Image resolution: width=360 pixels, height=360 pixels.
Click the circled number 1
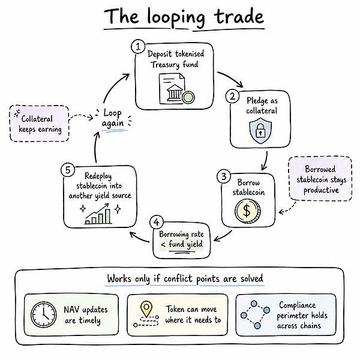138,47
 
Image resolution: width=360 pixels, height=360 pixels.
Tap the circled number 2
232,96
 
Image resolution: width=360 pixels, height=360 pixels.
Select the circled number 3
224,176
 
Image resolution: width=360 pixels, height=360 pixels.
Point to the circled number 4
157,222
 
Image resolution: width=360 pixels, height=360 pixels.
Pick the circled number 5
68,170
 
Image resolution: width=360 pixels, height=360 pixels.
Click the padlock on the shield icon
260,130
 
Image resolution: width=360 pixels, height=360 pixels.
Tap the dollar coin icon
247,211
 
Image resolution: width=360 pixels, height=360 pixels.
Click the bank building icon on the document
175,92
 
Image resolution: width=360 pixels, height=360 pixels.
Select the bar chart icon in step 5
98,214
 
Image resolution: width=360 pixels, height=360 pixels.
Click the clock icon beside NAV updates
43,314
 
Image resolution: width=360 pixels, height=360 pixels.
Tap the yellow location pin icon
146,310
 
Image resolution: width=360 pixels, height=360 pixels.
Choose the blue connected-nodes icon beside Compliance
255,314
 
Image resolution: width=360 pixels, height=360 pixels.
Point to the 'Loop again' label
113,118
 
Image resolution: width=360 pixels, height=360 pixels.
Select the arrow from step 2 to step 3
266,161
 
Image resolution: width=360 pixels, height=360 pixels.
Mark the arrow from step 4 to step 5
139,238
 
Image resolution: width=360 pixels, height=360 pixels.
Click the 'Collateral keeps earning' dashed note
39,124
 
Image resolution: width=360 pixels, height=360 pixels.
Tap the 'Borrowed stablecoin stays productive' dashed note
320,179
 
